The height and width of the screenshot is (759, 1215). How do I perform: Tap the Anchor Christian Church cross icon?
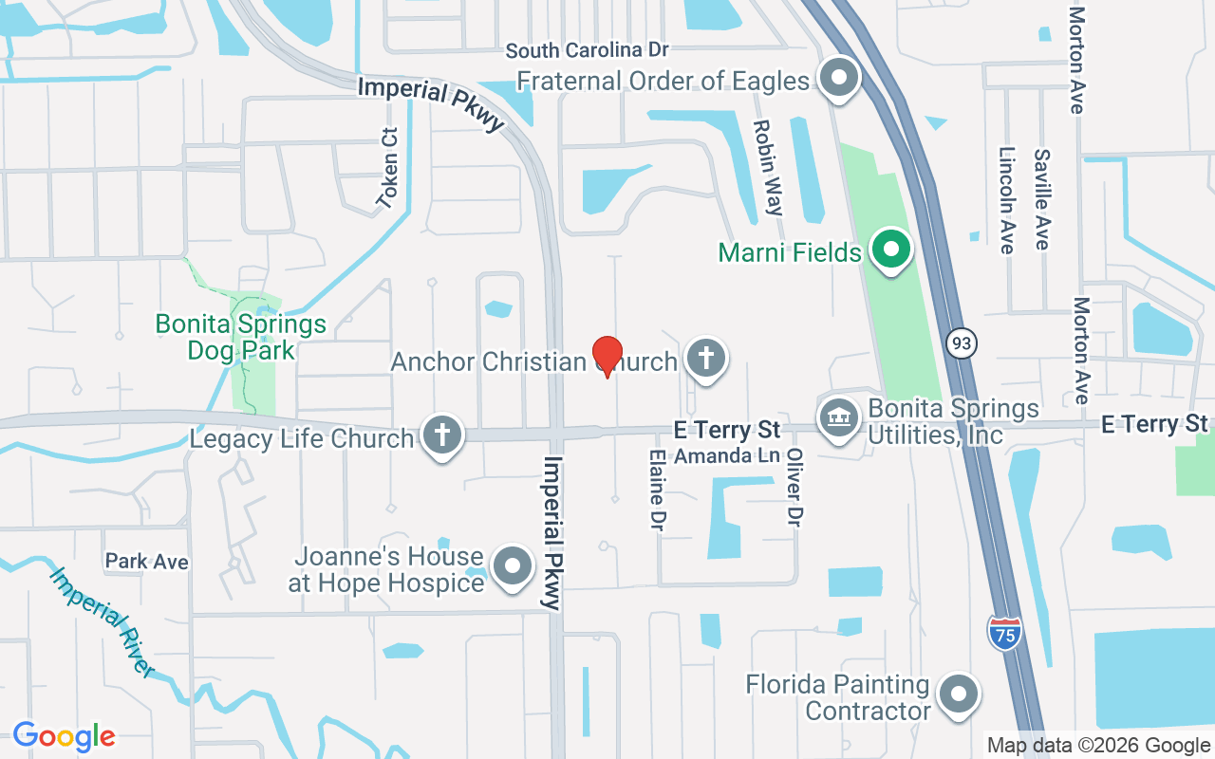(x=706, y=359)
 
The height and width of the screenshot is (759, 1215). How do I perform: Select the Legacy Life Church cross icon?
(x=441, y=435)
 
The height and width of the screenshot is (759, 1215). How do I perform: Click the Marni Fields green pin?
(x=891, y=250)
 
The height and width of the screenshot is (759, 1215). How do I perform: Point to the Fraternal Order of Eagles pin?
(x=838, y=78)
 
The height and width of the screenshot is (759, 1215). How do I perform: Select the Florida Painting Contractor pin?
(x=958, y=694)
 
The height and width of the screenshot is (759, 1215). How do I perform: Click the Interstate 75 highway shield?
(x=1004, y=633)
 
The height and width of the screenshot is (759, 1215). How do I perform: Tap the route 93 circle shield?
(x=962, y=343)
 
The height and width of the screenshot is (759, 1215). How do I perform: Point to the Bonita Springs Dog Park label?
(x=241, y=337)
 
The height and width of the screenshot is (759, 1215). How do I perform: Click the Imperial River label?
(x=103, y=621)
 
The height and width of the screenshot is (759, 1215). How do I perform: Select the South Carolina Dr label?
(x=587, y=50)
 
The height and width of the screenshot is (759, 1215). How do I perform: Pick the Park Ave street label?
(x=147, y=562)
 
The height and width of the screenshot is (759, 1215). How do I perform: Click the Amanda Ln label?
(x=727, y=456)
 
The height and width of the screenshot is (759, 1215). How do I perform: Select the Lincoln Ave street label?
(x=1008, y=199)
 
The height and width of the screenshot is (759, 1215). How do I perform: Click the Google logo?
(x=64, y=736)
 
